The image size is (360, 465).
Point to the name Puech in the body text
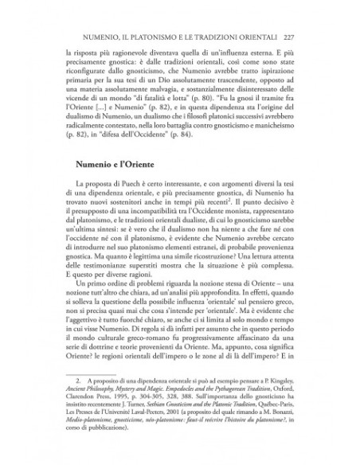tap(122, 208)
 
